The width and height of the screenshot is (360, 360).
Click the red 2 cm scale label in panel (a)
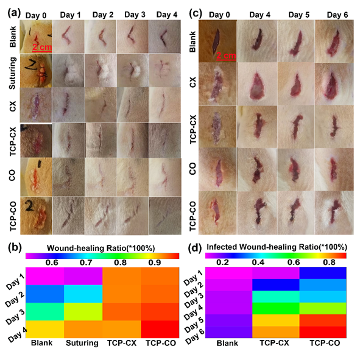[42, 46]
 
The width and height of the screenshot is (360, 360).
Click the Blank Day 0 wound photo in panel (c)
[220, 40]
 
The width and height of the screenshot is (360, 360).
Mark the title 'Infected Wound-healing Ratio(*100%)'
[277, 247]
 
